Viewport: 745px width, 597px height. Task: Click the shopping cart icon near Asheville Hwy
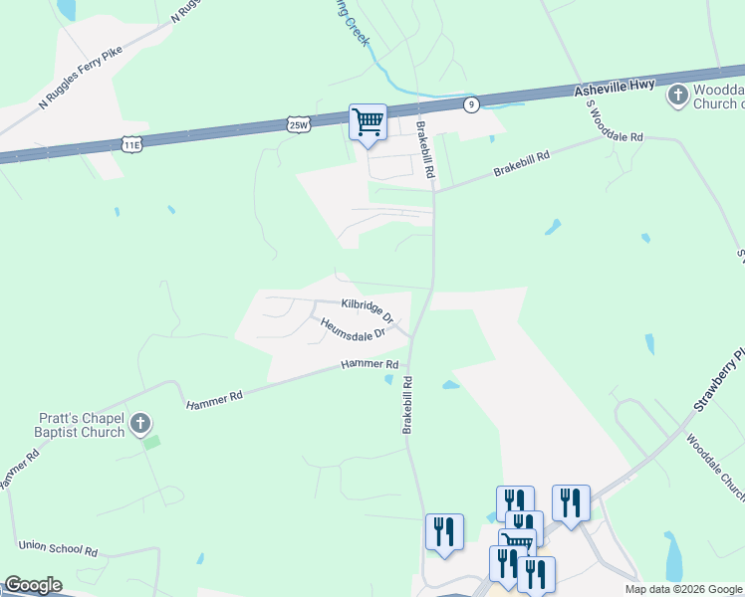[368, 122]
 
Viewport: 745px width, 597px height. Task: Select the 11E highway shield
[131, 144]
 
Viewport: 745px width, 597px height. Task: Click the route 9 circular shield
[470, 102]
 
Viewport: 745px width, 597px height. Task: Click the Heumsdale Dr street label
[352, 329]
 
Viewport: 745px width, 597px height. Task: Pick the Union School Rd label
[59, 549]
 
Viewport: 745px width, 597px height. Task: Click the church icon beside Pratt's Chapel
[140, 423]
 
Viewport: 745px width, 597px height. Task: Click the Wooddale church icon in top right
[678, 96]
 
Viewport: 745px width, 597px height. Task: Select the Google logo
[32, 585]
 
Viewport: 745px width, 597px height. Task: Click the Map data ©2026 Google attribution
[683, 589]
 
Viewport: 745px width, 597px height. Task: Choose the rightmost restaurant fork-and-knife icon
[571, 501]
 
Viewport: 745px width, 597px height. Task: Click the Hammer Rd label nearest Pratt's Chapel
[214, 402]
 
